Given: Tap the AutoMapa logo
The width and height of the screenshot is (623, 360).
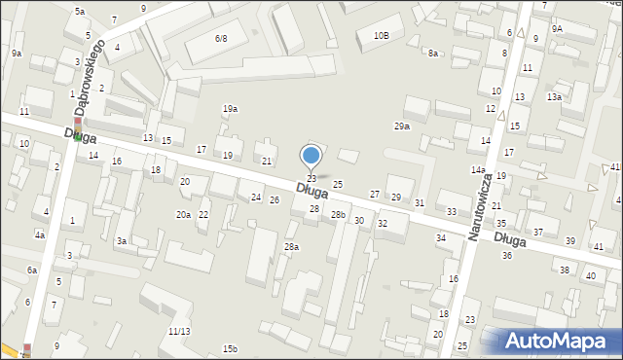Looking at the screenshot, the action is (560, 342).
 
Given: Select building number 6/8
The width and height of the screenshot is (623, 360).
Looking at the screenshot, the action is (221, 39).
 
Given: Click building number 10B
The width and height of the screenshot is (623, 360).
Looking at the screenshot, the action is (381, 36).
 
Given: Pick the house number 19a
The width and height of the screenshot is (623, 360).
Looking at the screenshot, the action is (230, 109).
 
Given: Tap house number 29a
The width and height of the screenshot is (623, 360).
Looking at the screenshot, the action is (401, 126).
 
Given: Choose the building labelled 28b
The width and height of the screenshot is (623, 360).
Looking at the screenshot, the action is (338, 214).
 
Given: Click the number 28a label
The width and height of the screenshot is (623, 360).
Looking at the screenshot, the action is (291, 247).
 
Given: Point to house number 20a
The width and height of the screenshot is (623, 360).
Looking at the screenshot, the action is (183, 214).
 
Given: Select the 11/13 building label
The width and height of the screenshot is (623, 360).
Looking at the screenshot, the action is (178, 331).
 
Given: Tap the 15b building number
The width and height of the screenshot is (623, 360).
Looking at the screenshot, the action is (230, 348).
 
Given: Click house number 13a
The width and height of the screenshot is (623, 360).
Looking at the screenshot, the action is (554, 97).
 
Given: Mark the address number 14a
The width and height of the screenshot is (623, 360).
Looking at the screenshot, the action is (478, 170).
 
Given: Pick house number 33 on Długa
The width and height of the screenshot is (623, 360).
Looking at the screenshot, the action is (452, 211).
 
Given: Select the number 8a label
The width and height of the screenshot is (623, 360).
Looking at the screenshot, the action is (432, 54).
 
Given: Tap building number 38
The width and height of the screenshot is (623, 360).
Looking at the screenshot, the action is (565, 270).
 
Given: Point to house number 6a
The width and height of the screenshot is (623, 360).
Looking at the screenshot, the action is (32, 270).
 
